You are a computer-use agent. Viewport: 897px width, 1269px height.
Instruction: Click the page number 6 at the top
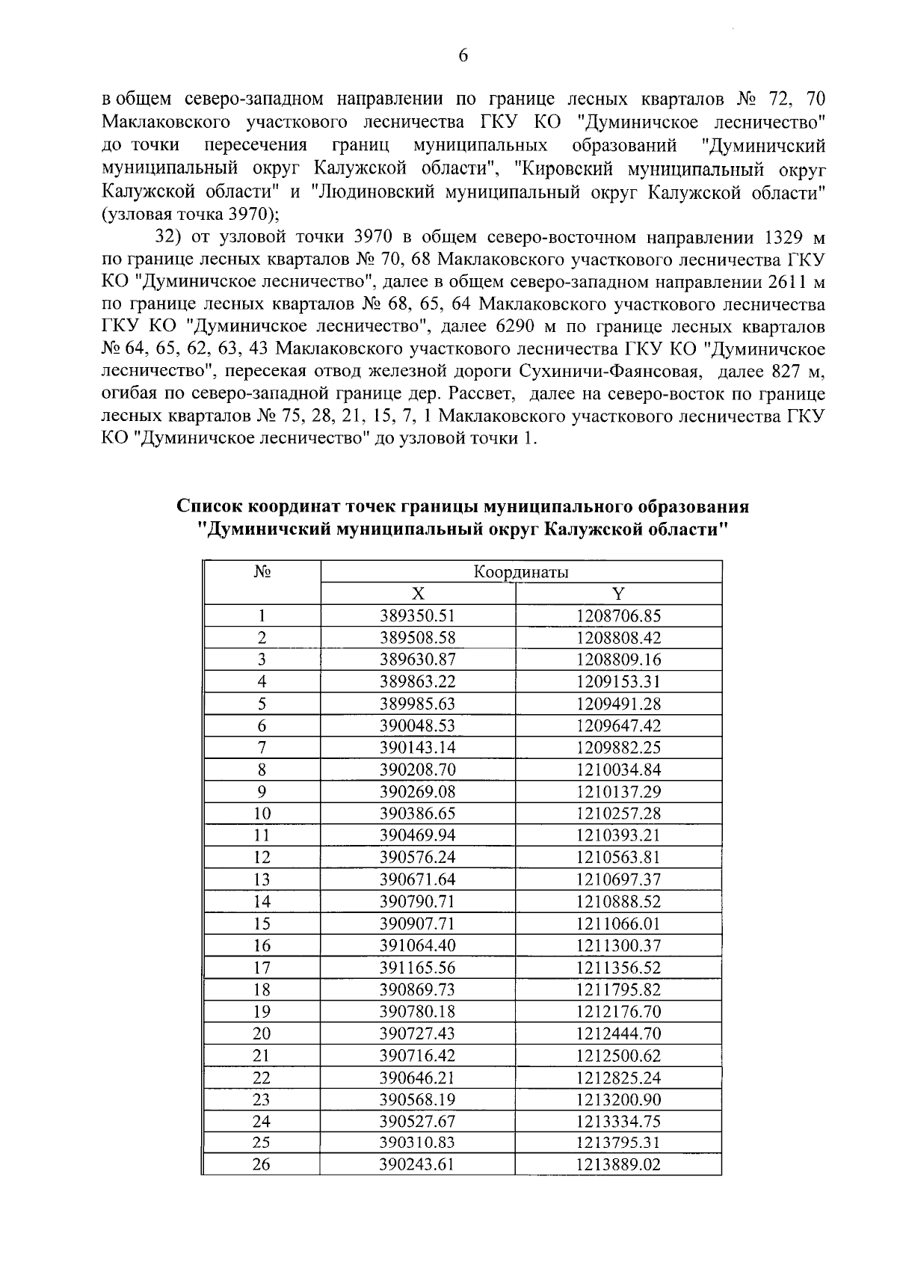coord(463,55)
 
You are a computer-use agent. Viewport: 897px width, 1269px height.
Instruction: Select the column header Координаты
coord(521,573)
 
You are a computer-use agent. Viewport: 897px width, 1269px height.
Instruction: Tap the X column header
coord(418,594)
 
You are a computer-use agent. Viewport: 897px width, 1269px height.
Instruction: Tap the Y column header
coord(618,594)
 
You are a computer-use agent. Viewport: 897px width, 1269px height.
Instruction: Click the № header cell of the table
coord(262,573)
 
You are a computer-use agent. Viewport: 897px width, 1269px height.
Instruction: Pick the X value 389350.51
coord(418,616)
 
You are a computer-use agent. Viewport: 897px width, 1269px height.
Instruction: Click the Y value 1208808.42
coord(618,638)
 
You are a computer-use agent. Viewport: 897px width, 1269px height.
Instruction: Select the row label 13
coord(262,879)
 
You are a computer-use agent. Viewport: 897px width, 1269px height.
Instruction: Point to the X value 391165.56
coord(418,968)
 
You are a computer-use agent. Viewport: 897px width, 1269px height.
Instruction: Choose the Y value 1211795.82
coord(618,989)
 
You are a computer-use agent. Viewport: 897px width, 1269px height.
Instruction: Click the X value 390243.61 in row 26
coord(418,1165)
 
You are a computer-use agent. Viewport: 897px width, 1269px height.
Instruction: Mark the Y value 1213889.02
coord(618,1165)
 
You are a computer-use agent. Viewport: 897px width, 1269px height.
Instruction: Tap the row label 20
coord(262,1033)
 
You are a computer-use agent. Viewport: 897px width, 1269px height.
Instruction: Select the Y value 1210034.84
coord(618,769)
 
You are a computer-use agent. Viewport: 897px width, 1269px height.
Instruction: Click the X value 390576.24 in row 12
coord(418,858)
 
